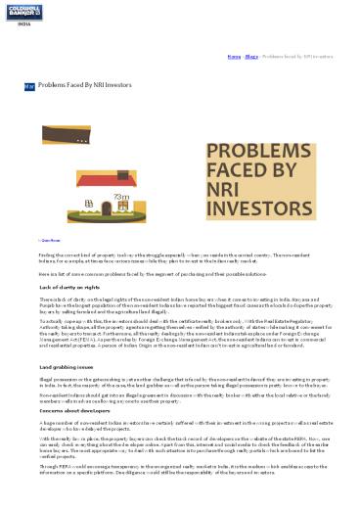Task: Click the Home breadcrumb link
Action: [233, 57]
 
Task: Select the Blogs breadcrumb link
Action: [250, 57]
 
